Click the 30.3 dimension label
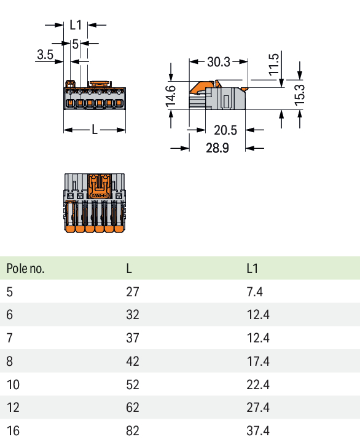click(219, 61)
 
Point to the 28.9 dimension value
click(217, 148)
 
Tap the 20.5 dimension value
click(225, 130)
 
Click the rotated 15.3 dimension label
click(299, 95)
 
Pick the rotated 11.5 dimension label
click(274, 65)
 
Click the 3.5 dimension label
click(45, 54)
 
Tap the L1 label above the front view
click(76, 25)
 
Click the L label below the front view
click(95, 130)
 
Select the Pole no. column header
click(25, 269)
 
